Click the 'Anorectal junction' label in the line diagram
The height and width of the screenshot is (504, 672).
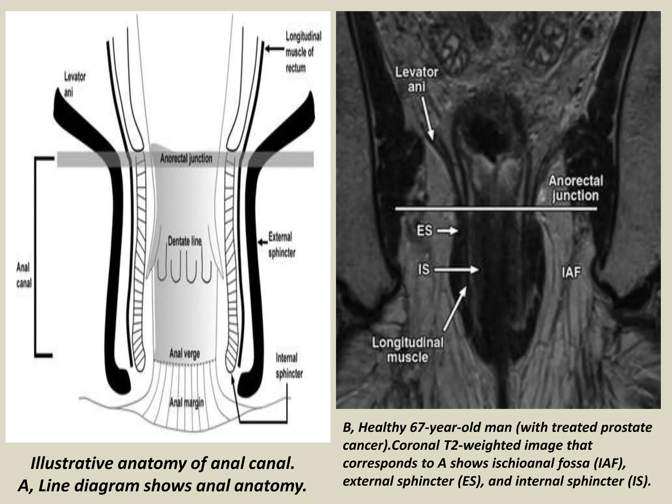(x=186, y=159)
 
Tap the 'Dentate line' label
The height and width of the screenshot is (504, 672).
(x=185, y=241)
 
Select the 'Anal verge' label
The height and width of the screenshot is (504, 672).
(x=184, y=354)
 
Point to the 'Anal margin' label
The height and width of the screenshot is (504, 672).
(x=186, y=403)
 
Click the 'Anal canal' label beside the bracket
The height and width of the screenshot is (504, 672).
(x=24, y=275)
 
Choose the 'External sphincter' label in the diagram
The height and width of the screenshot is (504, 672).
(x=282, y=245)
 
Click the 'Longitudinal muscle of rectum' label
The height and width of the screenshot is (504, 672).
(x=303, y=52)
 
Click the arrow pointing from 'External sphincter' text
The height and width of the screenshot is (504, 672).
(x=262, y=242)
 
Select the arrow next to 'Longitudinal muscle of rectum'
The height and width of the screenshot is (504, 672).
(x=274, y=49)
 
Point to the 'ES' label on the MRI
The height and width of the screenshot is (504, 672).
(x=424, y=231)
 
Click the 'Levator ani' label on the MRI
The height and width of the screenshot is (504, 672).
(x=416, y=80)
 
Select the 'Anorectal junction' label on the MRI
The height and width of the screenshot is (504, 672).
(x=576, y=188)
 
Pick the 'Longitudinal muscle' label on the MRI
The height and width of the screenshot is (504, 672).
(x=407, y=350)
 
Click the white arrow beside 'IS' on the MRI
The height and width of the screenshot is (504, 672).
(x=456, y=270)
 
